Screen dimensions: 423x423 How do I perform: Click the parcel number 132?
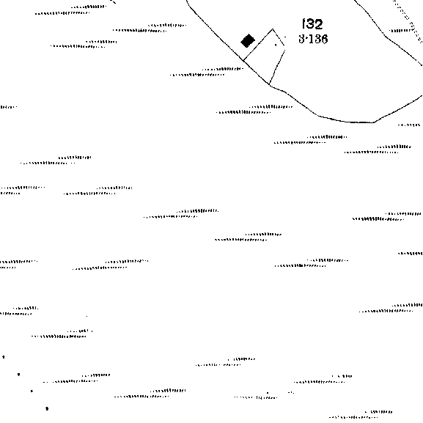click(x=312, y=24)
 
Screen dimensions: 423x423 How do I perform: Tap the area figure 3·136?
click(x=313, y=39)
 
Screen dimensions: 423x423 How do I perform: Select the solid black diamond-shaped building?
click(x=248, y=41)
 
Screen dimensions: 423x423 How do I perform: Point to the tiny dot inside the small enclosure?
click(x=276, y=45)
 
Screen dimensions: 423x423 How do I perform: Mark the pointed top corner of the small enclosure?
click(x=273, y=29)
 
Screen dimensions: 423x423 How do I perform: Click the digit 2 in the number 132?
click(x=318, y=24)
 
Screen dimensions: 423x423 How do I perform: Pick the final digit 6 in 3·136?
click(x=324, y=39)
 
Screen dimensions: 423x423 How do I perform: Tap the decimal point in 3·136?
click(x=306, y=39)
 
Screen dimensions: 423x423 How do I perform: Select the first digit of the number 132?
click(x=304, y=24)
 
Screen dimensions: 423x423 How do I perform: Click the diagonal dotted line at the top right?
click(x=408, y=21)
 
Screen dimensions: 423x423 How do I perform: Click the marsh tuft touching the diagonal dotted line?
click(x=402, y=31)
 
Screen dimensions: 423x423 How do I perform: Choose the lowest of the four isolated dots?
click(x=47, y=408)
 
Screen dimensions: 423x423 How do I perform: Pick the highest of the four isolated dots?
click(x=4, y=357)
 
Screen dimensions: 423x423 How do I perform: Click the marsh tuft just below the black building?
click(x=207, y=72)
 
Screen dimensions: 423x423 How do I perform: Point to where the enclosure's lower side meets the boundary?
click(x=269, y=84)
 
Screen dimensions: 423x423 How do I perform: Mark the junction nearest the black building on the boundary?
click(x=243, y=61)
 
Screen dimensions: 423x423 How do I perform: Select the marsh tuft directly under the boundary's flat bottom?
click(x=310, y=140)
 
